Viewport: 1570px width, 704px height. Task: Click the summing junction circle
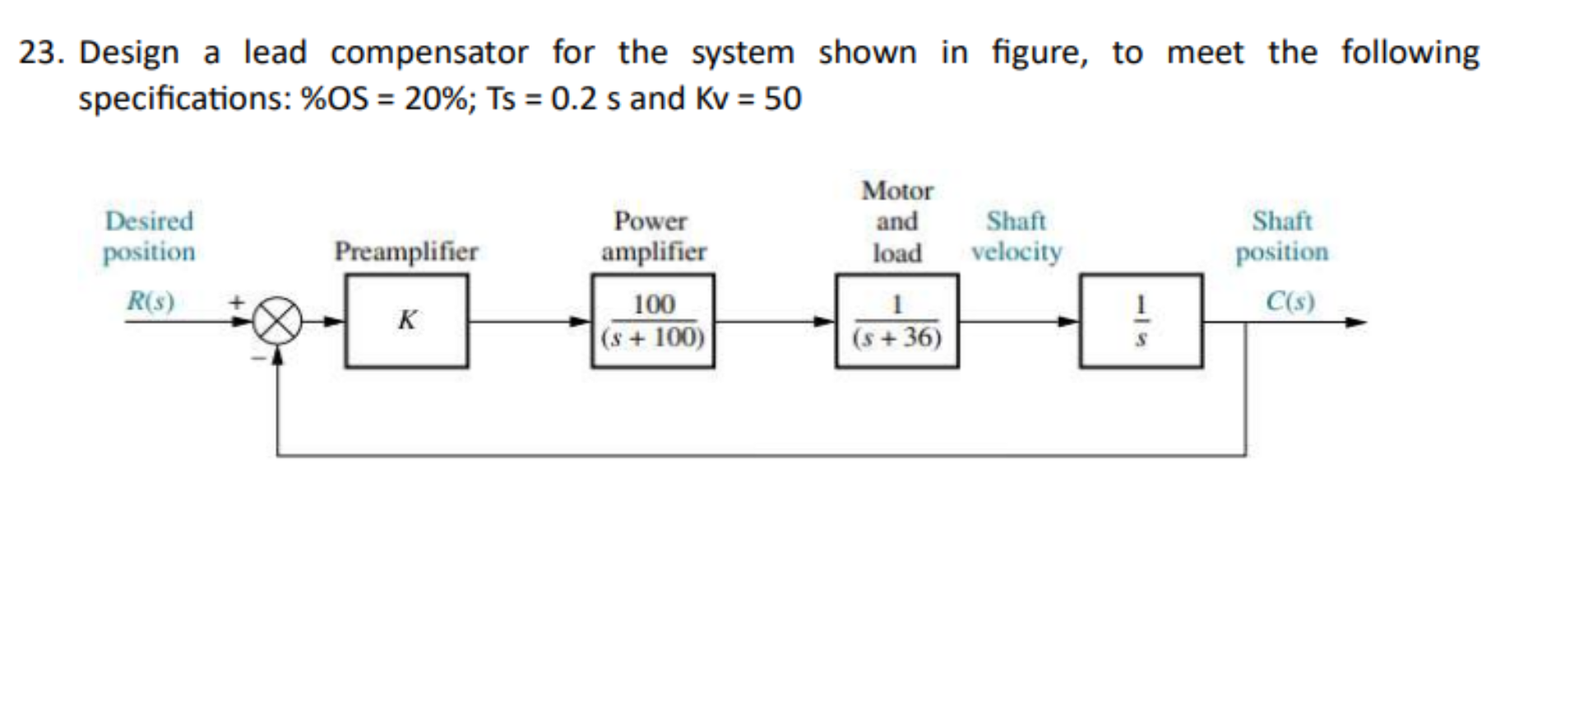(277, 322)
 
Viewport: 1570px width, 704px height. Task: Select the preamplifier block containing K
(406, 321)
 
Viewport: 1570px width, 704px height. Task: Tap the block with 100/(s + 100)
(652, 321)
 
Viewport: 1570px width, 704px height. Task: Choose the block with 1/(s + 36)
(896, 321)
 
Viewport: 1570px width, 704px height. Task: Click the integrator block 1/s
(1140, 321)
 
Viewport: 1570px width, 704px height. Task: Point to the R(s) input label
(151, 301)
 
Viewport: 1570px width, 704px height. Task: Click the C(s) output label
(1289, 301)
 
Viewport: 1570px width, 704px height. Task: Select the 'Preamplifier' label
(405, 251)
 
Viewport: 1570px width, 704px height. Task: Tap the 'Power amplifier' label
(652, 236)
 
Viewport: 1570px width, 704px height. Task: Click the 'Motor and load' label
(896, 221)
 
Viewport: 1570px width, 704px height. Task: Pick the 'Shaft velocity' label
(1016, 236)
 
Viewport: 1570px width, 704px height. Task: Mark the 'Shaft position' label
(1281, 236)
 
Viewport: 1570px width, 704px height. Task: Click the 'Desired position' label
(149, 236)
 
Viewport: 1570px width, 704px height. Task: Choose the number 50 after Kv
(782, 99)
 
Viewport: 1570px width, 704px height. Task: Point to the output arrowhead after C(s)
(1356, 322)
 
